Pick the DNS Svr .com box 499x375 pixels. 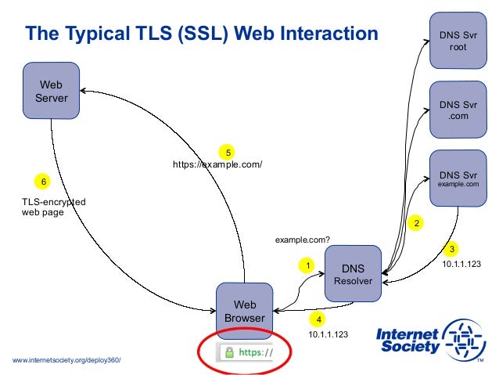click(x=458, y=110)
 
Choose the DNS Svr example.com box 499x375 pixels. click(x=458, y=178)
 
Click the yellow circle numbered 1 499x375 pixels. click(x=308, y=265)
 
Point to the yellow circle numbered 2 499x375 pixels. click(x=417, y=223)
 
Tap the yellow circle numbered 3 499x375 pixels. click(x=451, y=250)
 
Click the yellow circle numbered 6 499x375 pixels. click(x=44, y=182)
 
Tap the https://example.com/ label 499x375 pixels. click(x=217, y=164)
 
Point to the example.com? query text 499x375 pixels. click(x=302, y=239)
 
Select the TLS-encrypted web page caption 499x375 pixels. click(x=53, y=207)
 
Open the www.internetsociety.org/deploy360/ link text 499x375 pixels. click(x=67, y=359)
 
